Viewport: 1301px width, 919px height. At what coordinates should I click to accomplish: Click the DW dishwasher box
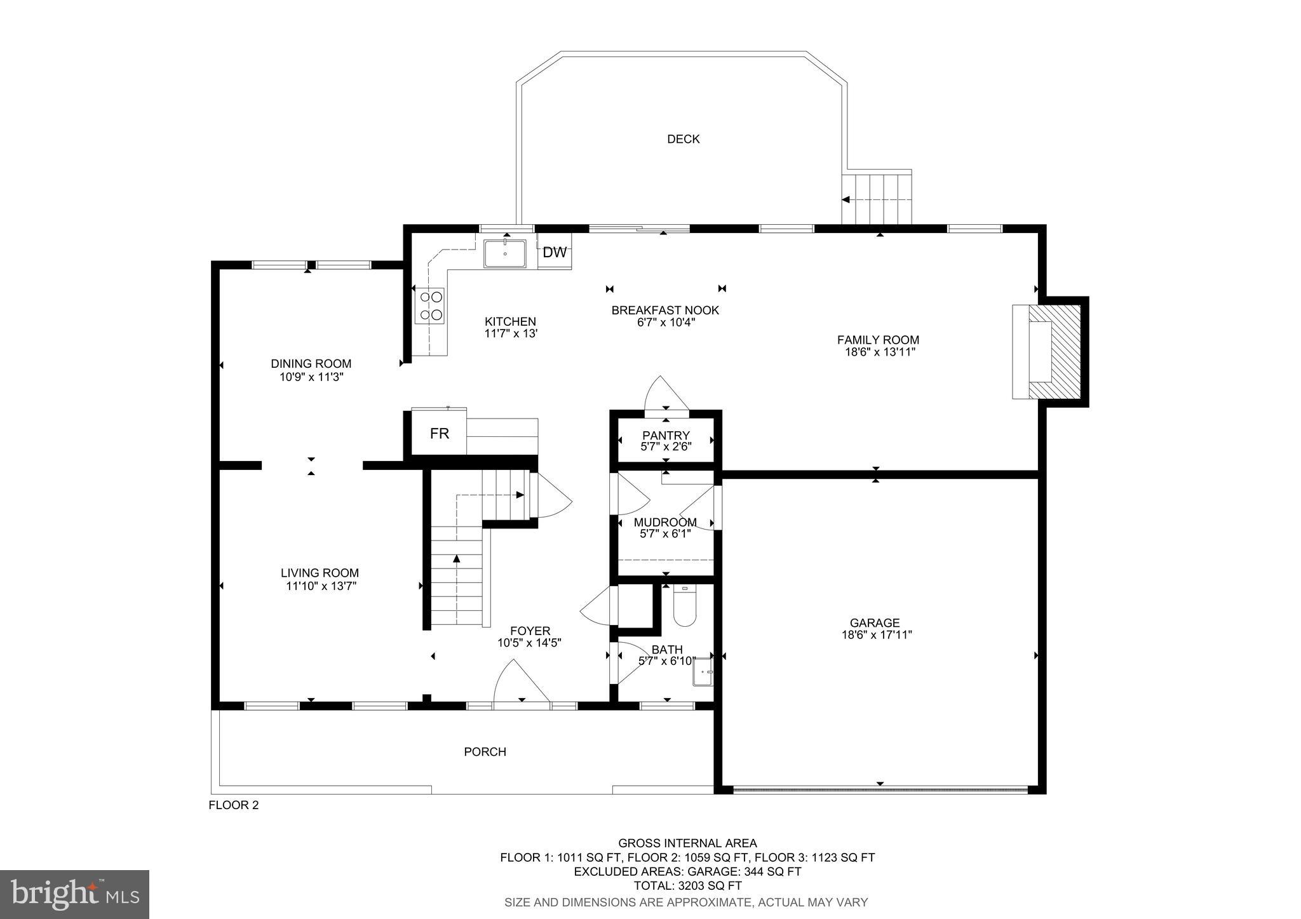[554, 252]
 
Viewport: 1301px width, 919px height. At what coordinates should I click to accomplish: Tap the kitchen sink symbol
[504, 253]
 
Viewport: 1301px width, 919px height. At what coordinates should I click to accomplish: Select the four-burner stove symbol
[429, 305]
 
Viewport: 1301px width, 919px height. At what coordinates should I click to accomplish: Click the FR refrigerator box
[439, 434]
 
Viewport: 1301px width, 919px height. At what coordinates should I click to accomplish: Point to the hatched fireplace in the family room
[1055, 351]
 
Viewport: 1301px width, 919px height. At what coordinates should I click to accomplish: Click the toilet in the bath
[685, 606]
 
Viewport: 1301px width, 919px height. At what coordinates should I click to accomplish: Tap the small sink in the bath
[703, 672]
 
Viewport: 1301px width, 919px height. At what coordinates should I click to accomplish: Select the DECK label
[683, 139]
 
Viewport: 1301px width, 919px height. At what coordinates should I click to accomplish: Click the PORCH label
[485, 752]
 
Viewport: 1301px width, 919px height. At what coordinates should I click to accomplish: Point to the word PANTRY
[666, 435]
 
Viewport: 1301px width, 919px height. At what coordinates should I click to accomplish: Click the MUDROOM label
[665, 522]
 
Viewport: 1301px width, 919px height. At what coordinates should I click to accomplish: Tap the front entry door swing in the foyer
[518, 683]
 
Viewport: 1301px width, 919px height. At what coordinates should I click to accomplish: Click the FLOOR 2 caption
[234, 805]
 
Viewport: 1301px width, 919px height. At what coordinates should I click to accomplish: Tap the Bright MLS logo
[74, 894]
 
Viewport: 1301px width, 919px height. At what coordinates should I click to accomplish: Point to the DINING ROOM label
[311, 364]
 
